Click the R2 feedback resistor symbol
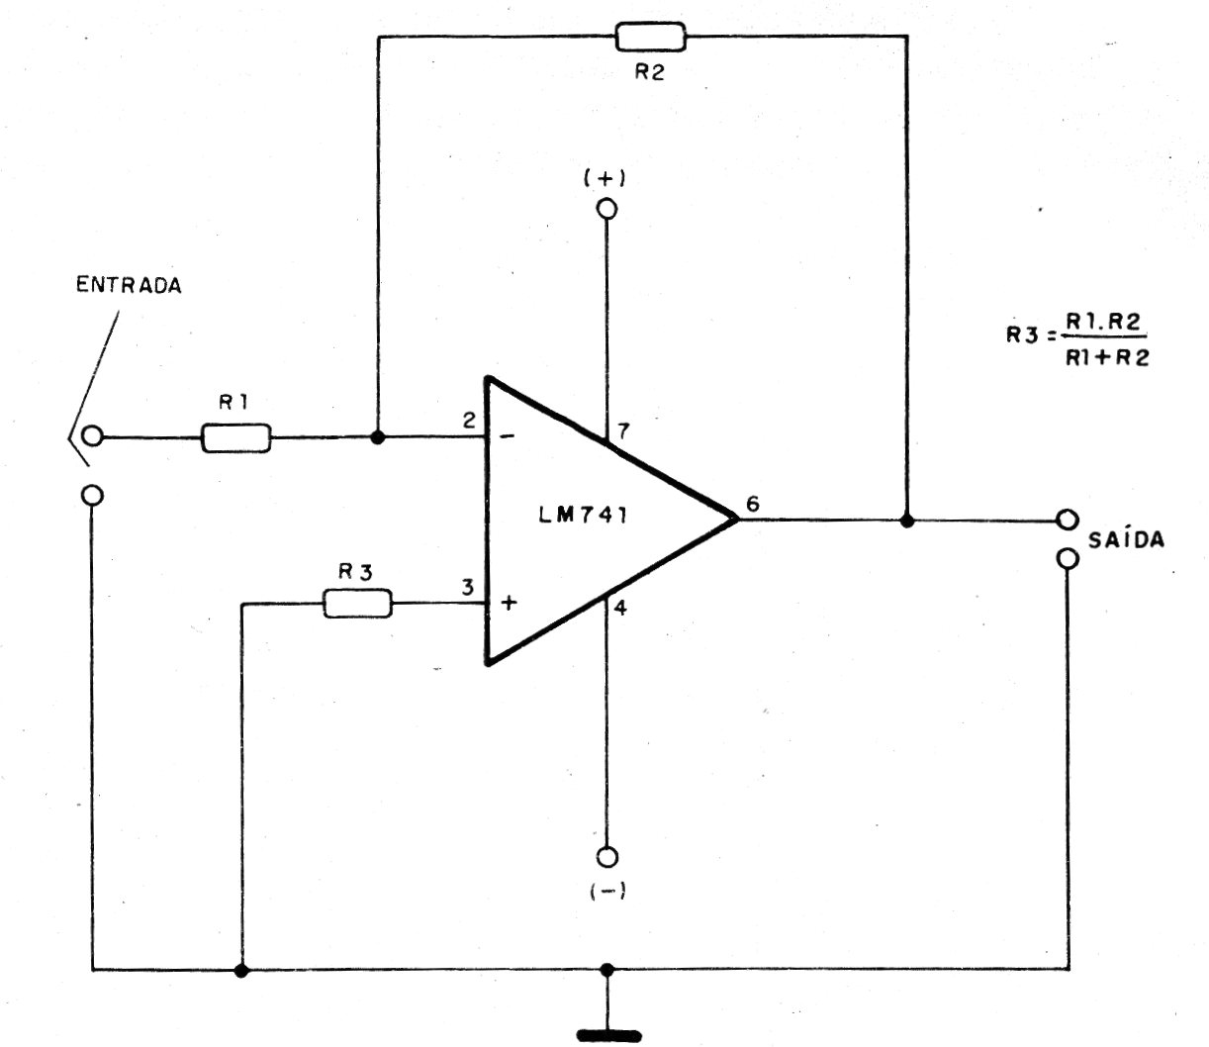(x=650, y=37)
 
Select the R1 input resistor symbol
(x=235, y=438)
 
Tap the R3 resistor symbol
(x=357, y=604)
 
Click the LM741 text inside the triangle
(x=583, y=516)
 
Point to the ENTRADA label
(x=129, y=285)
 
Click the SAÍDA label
(x=1126, y=538)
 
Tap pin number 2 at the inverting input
(x=469, y=420)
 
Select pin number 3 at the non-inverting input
(x=467, y=587)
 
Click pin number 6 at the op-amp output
(x=753, y=504)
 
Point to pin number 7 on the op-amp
(x=623, y=430)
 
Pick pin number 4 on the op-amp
(x=620, y=609)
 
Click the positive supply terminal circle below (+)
(x=607, y=209)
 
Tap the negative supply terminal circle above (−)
(x=607, y=857)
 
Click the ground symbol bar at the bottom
(x=608, y=1036)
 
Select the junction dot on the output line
(x=906, y=520)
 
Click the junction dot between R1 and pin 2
(x=379, y=437)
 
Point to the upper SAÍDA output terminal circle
(x=1068, y=520)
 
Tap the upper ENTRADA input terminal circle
(x=92, y=436)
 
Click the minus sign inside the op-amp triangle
(x=508, y=435)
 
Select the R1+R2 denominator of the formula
(x=1107, y=357)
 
